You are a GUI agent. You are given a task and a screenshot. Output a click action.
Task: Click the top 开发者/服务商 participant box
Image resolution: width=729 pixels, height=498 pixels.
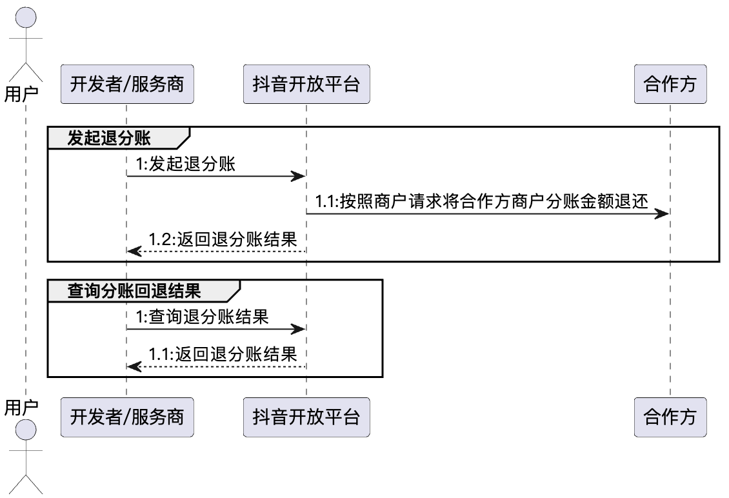pyautogui.click(x=126, y=85)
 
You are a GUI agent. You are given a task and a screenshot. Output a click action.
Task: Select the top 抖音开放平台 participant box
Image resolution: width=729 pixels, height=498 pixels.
pyautogui.click(x=306, y=85)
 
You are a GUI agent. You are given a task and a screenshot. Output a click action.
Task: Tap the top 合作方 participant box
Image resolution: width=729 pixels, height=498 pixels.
pyautogui.click(x=670, y=85)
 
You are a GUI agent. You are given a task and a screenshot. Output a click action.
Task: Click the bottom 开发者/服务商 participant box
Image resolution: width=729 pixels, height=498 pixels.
pyautogui.click(x=126, y=417)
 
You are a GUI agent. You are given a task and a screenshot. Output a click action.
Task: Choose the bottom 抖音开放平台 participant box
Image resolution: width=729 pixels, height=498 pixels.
pyautogui.click(x=306, y=417)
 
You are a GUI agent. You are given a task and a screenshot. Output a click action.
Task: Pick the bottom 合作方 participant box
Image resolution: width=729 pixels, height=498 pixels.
pyautogui.click(x=670, y=417)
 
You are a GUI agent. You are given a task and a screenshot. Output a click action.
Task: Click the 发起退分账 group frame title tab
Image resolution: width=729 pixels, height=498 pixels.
pyautogui.click(x=114, y=137)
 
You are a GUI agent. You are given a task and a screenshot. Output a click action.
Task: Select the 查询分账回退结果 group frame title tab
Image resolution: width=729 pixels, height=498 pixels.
pyautogui.click(x=134, y=291)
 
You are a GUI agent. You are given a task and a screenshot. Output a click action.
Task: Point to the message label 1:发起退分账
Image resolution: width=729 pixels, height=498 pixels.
pyautogui.click(x=186, y=164)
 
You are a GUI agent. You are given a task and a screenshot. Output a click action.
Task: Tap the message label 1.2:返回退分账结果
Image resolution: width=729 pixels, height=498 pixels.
pyautogui.click(x=223, y=240)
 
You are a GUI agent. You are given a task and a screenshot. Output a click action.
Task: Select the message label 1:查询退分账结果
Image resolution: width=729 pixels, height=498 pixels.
pyautogui.click(x=202, y=317)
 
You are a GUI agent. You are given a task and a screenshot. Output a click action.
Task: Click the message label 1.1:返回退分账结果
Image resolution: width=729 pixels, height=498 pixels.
pyautogui.click(x=223, y=354)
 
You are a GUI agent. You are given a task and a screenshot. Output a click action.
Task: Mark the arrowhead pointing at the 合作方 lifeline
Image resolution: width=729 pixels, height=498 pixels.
pyautogui.click(x=663, y=214)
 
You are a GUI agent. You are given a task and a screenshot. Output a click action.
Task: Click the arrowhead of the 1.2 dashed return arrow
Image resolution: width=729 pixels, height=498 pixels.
pyautogui.click(x=134, y=252)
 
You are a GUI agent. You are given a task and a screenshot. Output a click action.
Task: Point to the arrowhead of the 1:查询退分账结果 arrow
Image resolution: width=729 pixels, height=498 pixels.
pyautogui.click(x=298, y=329)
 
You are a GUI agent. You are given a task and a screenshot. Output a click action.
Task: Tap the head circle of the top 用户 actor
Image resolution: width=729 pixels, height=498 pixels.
pyautogui.click(x=26, y=17)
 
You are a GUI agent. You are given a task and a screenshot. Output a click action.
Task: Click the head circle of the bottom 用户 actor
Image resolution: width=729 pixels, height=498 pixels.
pyautogui.click(x=26, y=429)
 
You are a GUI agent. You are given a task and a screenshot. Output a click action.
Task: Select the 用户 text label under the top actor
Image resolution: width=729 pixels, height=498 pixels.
pyautogui.click(x=21, y=94)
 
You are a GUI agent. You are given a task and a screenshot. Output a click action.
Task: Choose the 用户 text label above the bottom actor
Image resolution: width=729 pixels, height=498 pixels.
pyautogui.click(x=21, y=406)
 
